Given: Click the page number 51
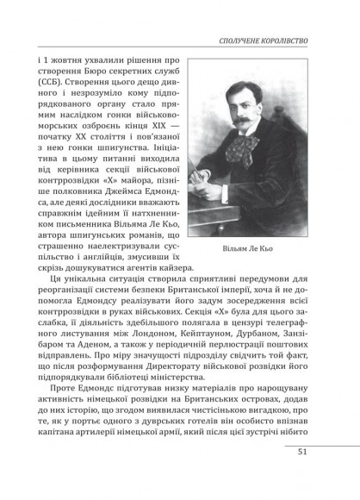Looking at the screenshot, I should coord(302,475).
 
